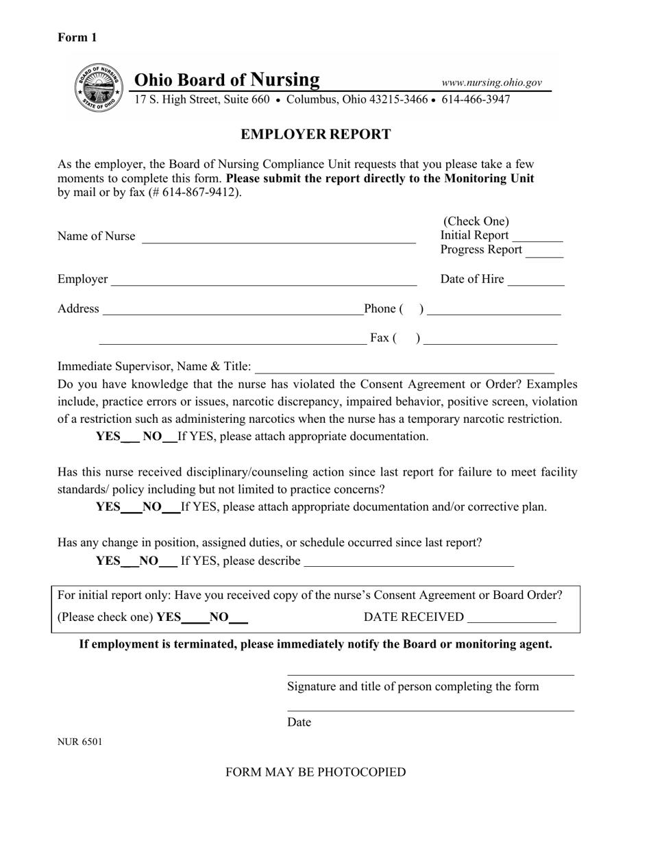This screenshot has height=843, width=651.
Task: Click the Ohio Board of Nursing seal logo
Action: [x=97, y=88]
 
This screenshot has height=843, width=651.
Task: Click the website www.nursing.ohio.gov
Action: [x=491, y=82]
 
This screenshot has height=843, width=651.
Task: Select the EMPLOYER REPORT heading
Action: [x=315, y=134]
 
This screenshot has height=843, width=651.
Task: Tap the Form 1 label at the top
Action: [x=77, y=38]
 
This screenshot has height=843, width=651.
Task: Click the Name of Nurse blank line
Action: [x=278, y=240]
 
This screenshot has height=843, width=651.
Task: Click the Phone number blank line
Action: [x=493, y=312]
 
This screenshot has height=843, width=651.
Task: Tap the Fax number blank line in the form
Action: [x=491, y=341]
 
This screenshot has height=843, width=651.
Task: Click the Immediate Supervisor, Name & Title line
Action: [x=404, y=370]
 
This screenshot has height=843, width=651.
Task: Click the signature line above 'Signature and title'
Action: [x=430, y=674]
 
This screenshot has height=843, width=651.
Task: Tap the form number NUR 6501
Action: [x=79, y=741]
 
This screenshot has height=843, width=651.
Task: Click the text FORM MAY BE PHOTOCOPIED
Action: [x=315, y=772]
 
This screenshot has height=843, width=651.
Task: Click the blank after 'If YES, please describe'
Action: [x=408, y=564]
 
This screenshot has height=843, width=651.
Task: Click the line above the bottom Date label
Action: [x=430, y=710]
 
